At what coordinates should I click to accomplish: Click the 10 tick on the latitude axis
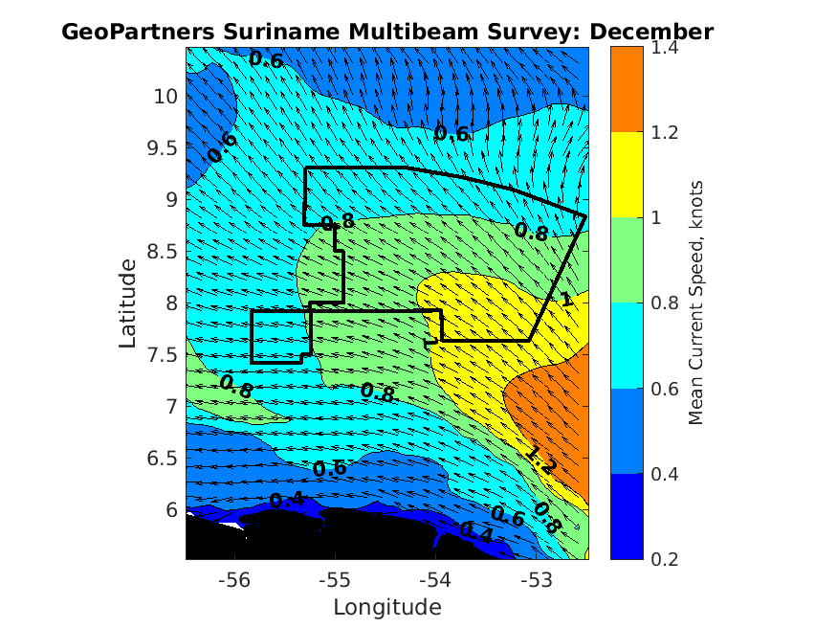(165, 96)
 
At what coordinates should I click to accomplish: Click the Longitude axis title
(386, 607)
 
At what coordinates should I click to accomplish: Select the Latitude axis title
(129, 303)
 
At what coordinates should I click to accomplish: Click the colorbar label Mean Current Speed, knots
(697, 303)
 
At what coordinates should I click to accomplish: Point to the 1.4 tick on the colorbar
(665, 46)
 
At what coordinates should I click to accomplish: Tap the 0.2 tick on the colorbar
(665, 559)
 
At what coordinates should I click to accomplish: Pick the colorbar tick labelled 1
(658, 217)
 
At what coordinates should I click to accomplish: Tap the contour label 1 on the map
(566, 301)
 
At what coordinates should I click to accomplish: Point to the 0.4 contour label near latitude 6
(286, 500)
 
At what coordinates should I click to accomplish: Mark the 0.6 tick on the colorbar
(665, 389)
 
